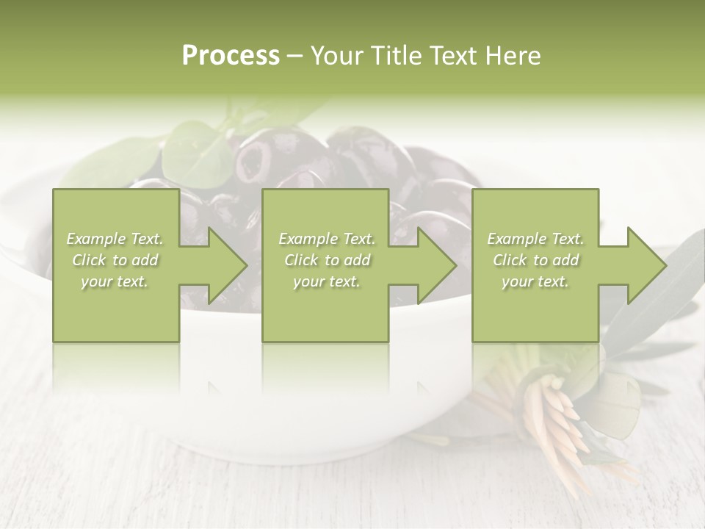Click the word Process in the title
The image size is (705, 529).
tap(231, 56)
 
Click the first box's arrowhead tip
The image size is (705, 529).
tap(247, 265)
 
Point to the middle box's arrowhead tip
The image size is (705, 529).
tap(456, 265)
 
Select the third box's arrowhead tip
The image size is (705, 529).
tap(665, 265)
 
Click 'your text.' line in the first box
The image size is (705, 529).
tap(115, 281)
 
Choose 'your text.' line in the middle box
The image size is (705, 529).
tap(327, 281)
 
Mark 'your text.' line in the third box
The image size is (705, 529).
tap(535, 281)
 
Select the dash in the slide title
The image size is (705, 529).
tap(294, 57)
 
